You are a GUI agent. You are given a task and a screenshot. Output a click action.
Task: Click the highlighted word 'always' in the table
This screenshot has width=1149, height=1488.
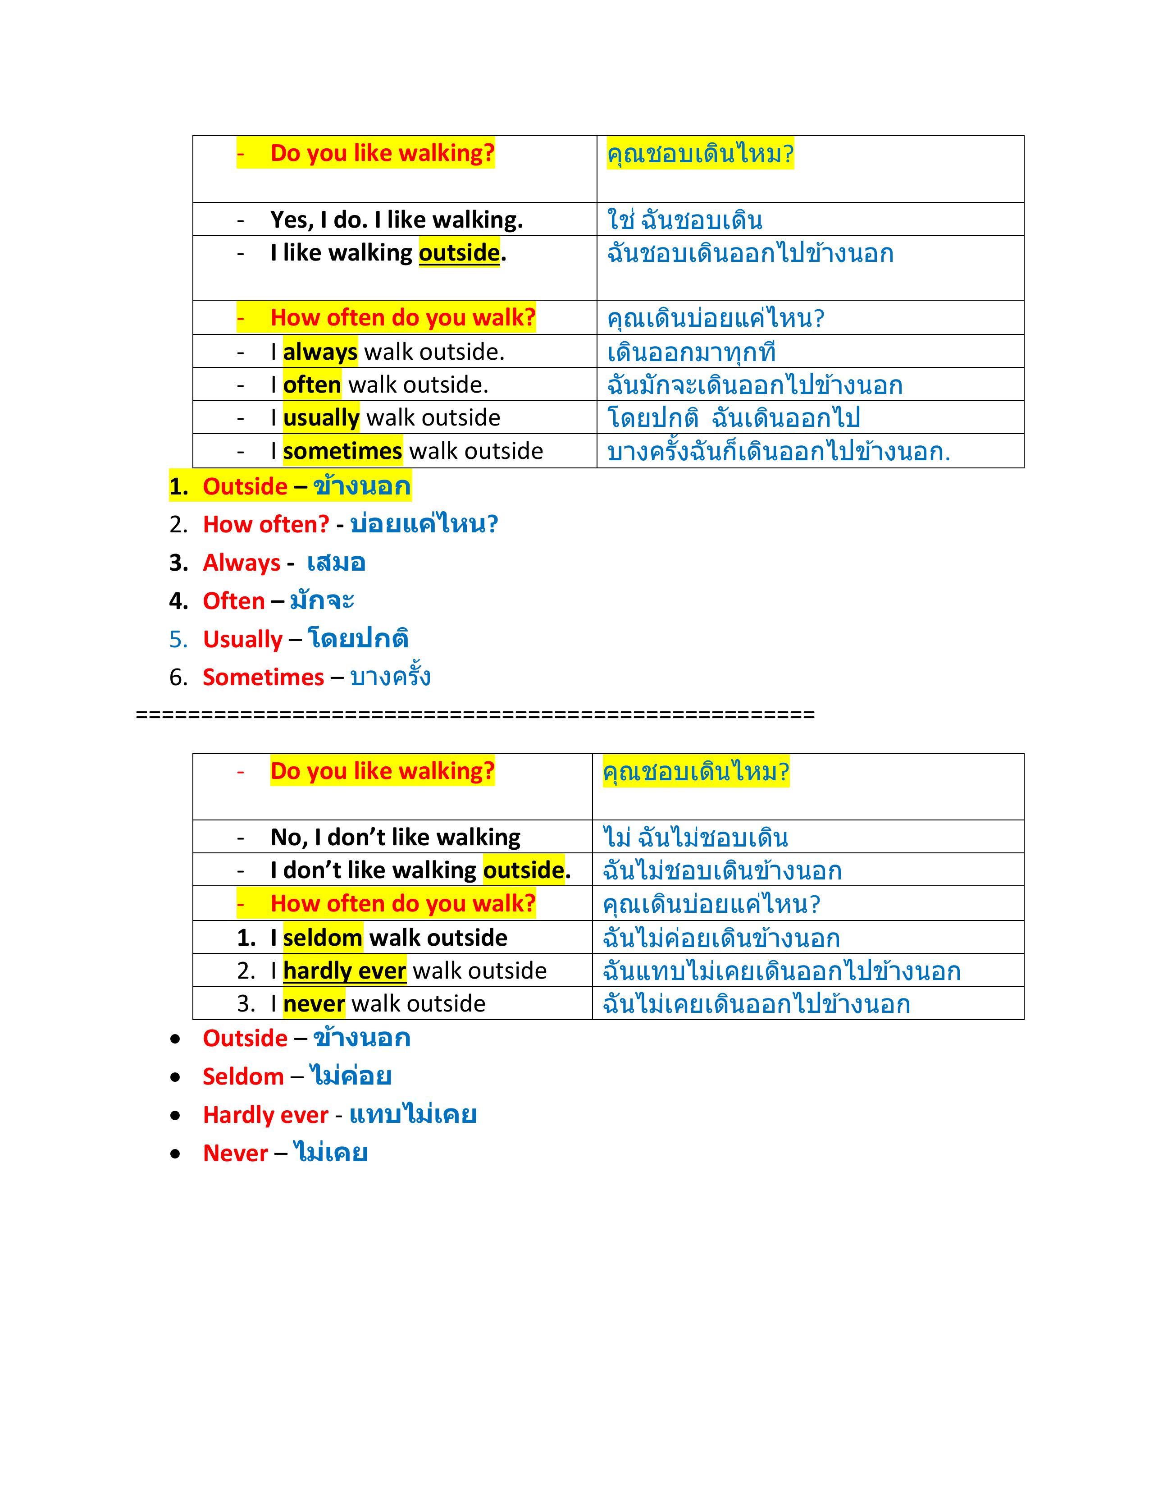pos(319,352)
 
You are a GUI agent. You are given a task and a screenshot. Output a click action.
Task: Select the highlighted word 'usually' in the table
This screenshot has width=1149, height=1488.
pos(321,418)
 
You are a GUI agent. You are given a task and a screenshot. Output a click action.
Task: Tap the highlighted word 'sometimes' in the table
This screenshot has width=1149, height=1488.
pos(342,451)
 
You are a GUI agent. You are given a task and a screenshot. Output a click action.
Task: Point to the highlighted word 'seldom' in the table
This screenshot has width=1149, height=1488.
pos(322,938)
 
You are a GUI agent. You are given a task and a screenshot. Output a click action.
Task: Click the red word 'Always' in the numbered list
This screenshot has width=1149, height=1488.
pos(241,563)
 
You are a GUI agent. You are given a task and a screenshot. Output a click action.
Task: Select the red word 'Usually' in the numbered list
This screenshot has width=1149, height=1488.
pos(242,639)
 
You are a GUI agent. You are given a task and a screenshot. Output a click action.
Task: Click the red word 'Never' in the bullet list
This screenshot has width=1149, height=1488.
pos(236,1153)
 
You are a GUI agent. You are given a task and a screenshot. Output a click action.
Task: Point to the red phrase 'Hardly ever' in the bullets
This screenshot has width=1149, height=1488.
pos(266,1115)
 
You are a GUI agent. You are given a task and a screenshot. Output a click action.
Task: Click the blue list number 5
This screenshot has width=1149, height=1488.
pos(178,639)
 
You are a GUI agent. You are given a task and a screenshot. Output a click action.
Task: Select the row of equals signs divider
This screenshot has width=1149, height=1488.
pos(475,714)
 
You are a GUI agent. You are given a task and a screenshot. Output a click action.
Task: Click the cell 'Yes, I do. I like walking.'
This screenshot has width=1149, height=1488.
pos(397,220)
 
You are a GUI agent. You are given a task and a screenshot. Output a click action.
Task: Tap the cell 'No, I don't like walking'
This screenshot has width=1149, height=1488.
pos(395,837)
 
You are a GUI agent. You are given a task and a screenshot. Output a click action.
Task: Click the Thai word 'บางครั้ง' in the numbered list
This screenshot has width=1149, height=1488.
pos(390,677)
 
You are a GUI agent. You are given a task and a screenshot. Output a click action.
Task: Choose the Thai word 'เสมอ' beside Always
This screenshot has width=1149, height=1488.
pos(336,563)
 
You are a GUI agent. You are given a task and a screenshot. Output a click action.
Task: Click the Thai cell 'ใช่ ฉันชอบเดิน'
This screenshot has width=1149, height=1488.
pos(684,220)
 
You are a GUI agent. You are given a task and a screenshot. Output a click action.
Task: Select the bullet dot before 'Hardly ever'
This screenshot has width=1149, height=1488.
pos(176,1115)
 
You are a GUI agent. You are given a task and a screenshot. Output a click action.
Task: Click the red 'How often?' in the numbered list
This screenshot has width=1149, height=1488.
pos(266,524)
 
